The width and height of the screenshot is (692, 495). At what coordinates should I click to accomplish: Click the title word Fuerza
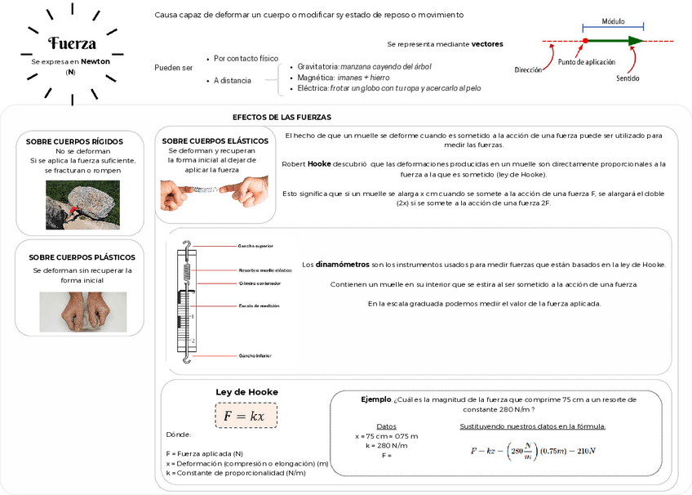point(72,43)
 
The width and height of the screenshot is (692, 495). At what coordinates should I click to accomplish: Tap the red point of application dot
point(585,40)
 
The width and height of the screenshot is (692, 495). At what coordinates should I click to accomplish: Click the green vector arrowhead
point(636,40)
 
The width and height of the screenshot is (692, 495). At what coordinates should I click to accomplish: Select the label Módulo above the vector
point(614,21)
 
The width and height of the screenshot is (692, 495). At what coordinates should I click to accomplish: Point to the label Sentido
point(628,78)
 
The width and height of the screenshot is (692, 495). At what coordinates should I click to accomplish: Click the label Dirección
point(528,70)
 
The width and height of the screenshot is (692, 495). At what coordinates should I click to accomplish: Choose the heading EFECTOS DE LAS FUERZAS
point(282,117)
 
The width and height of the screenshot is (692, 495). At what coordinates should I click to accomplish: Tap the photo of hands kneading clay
point(82,311)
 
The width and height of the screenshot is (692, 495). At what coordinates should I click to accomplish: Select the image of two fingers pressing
point(215,194)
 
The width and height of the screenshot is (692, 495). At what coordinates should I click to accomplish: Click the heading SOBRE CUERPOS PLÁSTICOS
point(82,256)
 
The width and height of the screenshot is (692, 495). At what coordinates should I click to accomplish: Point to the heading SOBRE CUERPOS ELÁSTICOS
point(215,140)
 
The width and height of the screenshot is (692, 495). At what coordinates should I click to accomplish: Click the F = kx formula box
point(246,416)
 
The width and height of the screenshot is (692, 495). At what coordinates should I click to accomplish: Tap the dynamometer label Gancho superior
point(255,245)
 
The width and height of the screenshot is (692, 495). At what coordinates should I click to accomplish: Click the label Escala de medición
point(259,305)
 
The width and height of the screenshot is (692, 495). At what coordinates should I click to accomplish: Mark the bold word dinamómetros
point(342,264)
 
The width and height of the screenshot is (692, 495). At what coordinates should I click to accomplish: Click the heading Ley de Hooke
point(246,391)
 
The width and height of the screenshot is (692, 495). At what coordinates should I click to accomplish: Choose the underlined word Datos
point(386,426)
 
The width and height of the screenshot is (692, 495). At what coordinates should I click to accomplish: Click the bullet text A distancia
point(233,80)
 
